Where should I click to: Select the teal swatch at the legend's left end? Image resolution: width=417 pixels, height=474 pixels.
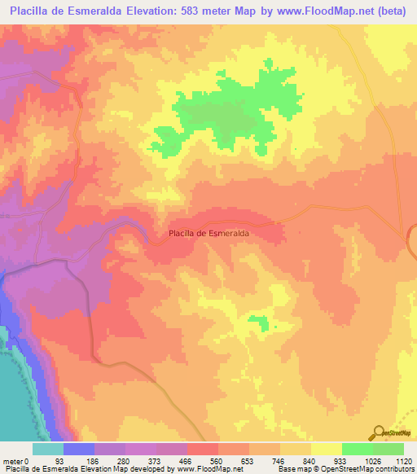pos(48,450)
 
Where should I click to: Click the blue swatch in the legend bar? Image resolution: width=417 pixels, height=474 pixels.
pos(79,450)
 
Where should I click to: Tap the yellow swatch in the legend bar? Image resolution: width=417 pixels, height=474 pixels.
pos(326,450)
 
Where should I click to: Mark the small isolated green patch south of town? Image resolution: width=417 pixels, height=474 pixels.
pos(260,323)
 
